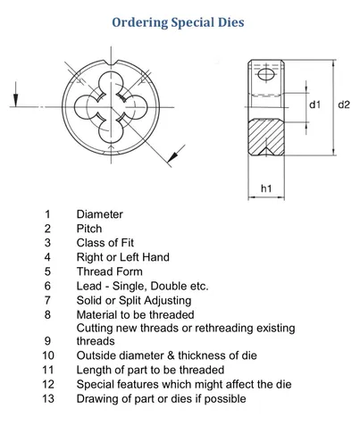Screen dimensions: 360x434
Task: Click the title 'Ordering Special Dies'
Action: tap(178, 22)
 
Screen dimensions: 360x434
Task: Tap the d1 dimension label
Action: tap(314, 104)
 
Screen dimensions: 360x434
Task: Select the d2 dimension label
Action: tap(344, 104)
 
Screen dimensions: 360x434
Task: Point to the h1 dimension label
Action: tap(266, 188)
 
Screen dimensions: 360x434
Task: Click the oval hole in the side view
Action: tap(265, 74)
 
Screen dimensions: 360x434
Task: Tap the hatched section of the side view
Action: tap(266, 137)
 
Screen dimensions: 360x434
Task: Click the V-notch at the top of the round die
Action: tap(112, 63)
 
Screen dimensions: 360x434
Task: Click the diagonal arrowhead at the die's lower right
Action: tap(172, 156)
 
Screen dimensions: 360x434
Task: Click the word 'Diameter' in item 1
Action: tap(99, 214)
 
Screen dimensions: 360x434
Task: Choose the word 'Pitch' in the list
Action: tap(89, 229)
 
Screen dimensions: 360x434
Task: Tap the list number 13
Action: tap(48, 398)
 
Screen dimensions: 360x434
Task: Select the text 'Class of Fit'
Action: tap(105, 243)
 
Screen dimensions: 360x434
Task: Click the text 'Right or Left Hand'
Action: tap(123, 257)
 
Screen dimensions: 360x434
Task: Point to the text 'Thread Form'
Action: tap(110, 271)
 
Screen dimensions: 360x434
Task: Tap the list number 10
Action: tap(48, 355)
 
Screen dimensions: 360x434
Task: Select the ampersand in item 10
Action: tap(171, 355)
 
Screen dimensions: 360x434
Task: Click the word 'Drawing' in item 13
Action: tap(94, 399)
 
